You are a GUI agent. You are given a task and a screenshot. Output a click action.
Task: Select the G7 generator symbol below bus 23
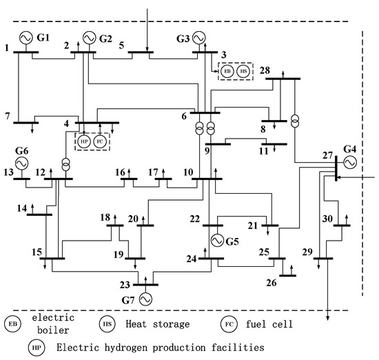pos(145,299)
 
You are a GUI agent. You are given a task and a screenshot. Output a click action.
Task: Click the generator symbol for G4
pos(349,162)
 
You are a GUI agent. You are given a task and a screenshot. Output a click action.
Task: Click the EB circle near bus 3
pos(227,71)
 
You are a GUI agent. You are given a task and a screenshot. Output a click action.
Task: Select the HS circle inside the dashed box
pos(243,71)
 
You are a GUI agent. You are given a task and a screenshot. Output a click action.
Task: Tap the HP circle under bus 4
pos(84,141)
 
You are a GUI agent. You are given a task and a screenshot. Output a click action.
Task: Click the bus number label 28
pos(265,72)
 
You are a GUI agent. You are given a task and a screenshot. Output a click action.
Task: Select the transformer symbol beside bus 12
pos(66,165)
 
